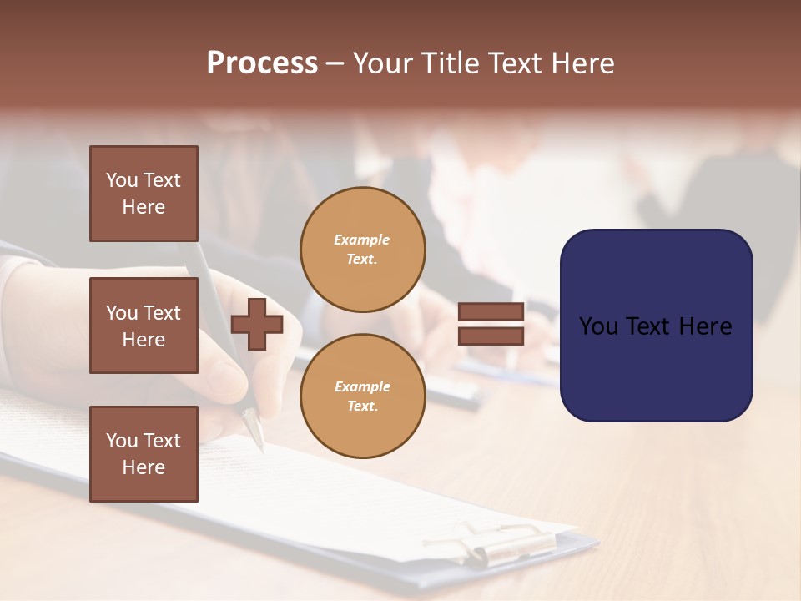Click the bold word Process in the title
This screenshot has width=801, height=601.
(x=262, y=63)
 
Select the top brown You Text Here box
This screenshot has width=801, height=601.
(x=144, y=194)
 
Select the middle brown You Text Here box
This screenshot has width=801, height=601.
(x=144, y=326)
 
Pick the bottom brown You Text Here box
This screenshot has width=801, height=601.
(x=144, y=454)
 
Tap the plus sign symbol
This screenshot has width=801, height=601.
(x=257, y=324)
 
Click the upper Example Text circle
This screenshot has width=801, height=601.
(x=363, y=250)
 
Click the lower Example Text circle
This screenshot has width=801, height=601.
(x=363, y=396)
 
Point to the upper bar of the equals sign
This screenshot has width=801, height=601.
(x=491, y=312)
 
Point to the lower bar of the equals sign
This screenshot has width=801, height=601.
(x=491, y=336)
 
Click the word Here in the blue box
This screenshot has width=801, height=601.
(x=705, y=326)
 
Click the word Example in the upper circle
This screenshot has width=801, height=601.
(x=362, y=240)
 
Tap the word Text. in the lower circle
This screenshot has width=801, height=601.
(x=362, y=407)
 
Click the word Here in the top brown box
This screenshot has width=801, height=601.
(x=144, y=207)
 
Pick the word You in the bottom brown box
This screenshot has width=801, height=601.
(x=122, y=441)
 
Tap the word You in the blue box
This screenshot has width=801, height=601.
(x=598, y=326)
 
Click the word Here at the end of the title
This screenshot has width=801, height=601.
(x=585, y=63)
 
